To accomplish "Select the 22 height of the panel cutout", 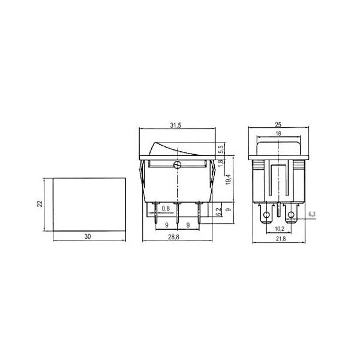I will tap(40, 204).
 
